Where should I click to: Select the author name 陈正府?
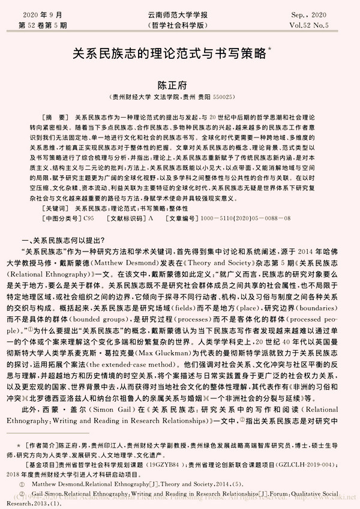coord(180,82)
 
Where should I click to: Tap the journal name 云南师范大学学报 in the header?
coord(179,13)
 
